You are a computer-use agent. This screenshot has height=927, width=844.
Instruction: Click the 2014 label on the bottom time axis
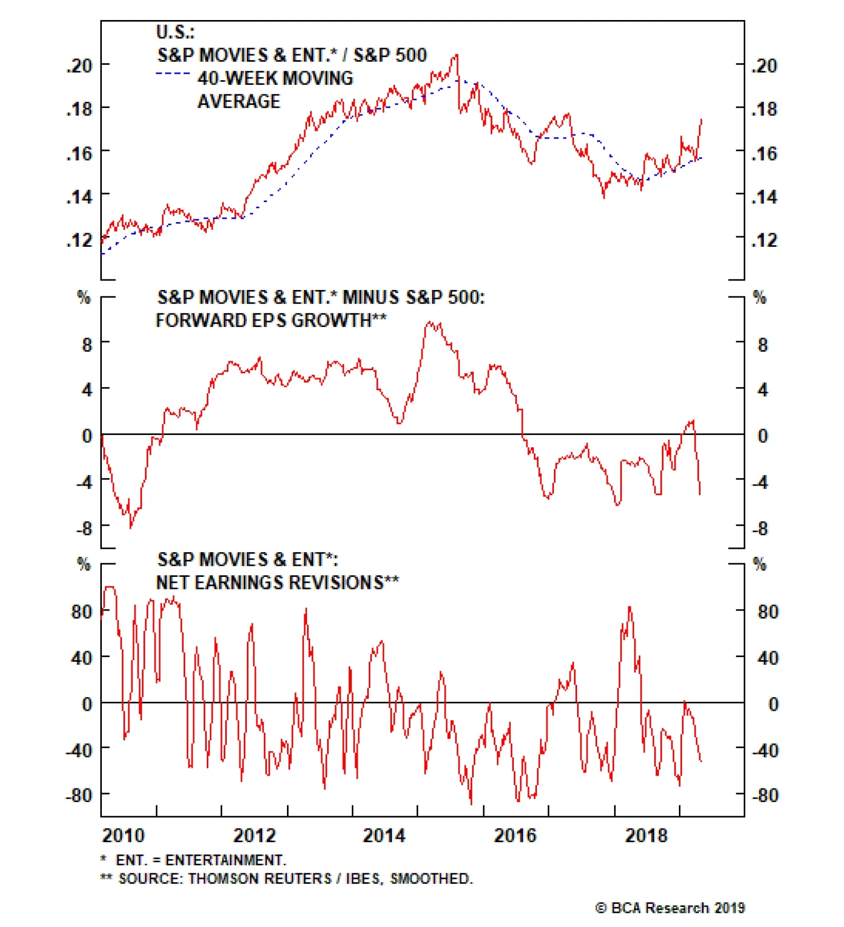pyautogui.click(x=384, y=836)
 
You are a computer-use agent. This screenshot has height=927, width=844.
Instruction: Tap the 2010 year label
pyautogui.click(x=123, y=836)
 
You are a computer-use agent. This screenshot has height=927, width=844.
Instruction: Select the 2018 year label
pyautogui.click(x=646, y=836)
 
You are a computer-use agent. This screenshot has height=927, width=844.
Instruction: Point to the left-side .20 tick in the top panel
pyautogui.click(x=79, y=66)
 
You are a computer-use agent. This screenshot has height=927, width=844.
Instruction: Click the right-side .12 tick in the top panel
pyautogui.click(x=764, y=240)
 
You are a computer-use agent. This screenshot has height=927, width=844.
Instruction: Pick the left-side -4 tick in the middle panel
pyautogui.click(x=84, y=481)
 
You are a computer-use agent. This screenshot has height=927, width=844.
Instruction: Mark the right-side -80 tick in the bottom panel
pyautogui.click(x=765, y=795)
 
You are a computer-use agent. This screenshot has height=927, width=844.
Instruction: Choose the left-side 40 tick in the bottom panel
pyautogui.click(x=82, y=658)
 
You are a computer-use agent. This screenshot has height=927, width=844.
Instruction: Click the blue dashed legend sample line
pyautogui.click(x=173, y=73)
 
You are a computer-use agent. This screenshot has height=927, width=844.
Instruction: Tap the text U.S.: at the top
pyautogui.click(x=175, y=32)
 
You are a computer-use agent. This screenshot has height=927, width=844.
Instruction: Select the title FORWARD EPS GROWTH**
pyautogui.click(x=271, y=320)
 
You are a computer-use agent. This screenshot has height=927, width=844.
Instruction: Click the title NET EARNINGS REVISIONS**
pyautogui.click(x=277, y=582)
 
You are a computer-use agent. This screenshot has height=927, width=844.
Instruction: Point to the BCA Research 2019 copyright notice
pyautogui.click(x=670, y=908)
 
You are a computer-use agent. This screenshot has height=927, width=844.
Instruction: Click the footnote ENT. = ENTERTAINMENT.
pyautogui.click(x=200, y=860)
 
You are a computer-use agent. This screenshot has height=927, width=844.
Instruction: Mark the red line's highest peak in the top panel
pyautogui.click(x=457, y=54)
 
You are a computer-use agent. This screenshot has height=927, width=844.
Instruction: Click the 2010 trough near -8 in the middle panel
pyautogui.click(x=131, y=526)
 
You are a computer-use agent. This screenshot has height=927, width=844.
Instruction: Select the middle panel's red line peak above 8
pyautogui.click(x=430, y=322)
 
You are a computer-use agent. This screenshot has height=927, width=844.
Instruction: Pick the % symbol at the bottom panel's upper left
pyautogui.click(x=83, y=564)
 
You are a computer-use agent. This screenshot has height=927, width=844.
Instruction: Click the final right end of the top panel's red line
pyautogui.click(x=702, y=120)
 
